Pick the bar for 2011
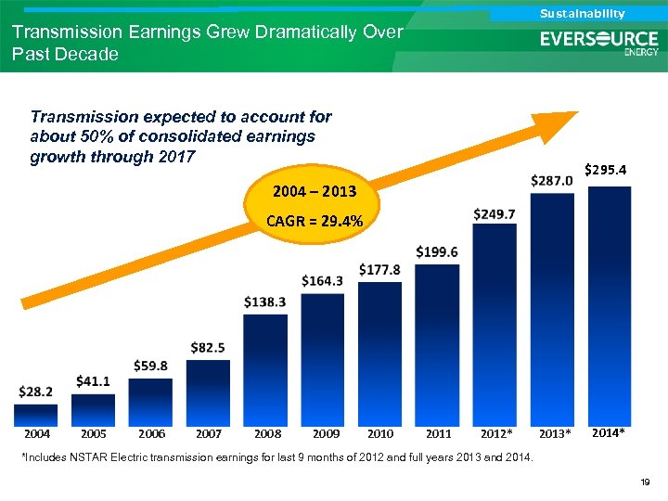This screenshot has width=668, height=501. [437, 344]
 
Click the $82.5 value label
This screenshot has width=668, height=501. [208, 347]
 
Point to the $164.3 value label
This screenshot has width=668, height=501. [322, 280]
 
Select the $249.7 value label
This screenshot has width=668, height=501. [495, 214]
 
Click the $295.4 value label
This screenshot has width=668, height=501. [607, 170]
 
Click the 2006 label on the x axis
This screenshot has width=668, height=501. [151, 433]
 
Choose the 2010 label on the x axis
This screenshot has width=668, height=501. [380, 433]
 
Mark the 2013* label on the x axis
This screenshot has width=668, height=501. [555, 434]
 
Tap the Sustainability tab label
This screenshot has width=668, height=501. [583, 13]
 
